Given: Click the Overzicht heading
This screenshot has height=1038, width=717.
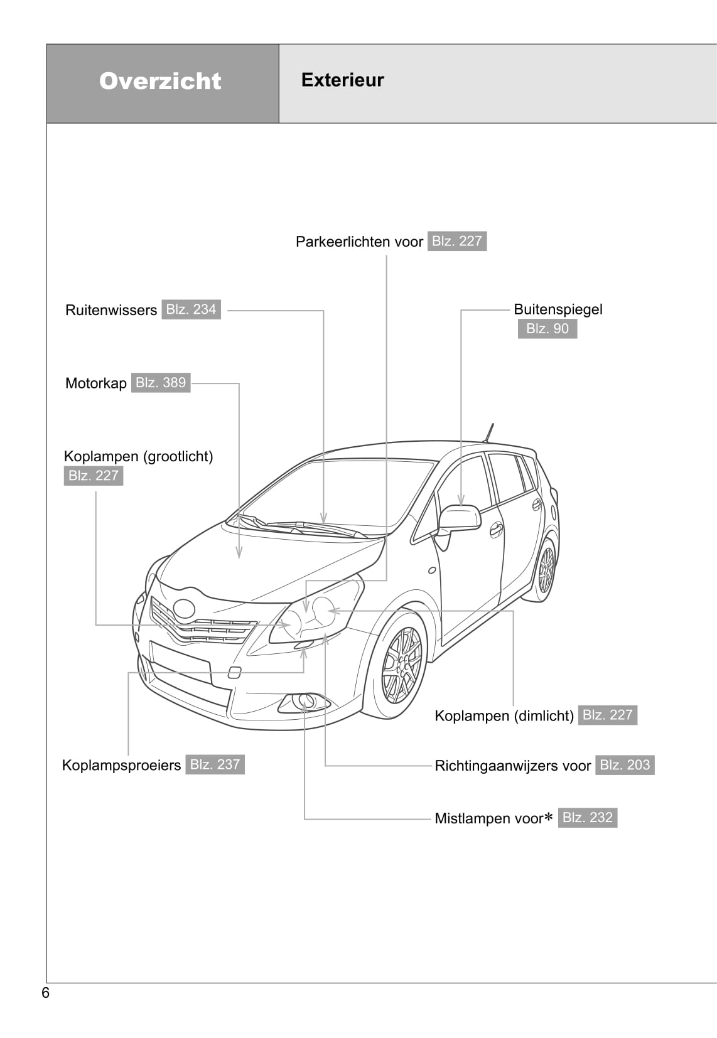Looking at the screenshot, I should point(160,81).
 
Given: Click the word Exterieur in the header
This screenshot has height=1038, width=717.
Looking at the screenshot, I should point(342,80).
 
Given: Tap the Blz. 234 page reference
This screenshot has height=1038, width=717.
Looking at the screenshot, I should point(191,309).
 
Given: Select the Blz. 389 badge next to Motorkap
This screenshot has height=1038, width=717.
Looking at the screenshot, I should point(161,383).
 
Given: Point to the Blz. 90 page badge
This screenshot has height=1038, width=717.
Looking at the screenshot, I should point(547,329).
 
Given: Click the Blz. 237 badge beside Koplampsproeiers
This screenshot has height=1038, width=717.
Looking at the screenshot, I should point(215,764).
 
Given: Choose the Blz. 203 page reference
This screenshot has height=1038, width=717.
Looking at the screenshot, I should point(625,765).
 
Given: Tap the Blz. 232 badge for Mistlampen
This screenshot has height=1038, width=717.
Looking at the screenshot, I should point(587,818).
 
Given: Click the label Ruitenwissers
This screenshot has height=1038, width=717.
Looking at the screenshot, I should point(111,310).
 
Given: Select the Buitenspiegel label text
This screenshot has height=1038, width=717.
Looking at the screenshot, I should point(558,309).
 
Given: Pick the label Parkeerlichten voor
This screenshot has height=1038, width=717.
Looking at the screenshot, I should point(359,242).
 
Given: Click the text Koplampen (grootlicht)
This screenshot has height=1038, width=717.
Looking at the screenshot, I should point(138,456).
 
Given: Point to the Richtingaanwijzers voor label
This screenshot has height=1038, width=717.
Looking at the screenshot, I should point(512,766).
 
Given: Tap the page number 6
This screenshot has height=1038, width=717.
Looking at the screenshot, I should point(45,993).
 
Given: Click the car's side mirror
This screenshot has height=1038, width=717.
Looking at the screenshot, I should point(460,518).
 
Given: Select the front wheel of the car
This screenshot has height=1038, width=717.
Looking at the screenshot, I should point(402,665).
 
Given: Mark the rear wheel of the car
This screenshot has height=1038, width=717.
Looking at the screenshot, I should point(546,570).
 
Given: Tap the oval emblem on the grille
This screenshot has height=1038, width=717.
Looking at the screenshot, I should point(185,608).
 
